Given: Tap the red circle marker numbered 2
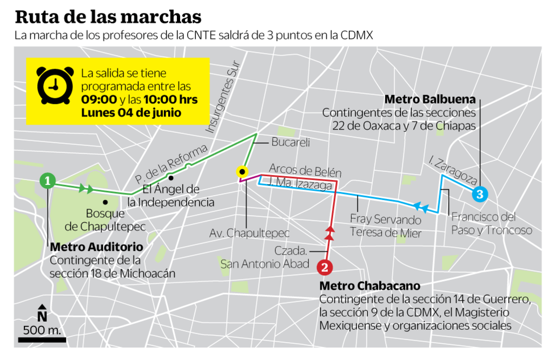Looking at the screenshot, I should click(x=324, y=266).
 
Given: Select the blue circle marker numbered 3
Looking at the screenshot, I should click(x=479, y=194).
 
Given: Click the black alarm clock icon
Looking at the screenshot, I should click(x=55, y=85).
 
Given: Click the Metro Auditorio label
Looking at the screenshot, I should click(x=96, y=247).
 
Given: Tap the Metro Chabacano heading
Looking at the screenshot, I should click(x=369, y=285).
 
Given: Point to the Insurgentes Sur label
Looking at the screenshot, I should click(x=222, y=103).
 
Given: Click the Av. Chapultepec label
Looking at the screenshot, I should click(x=249, y=234).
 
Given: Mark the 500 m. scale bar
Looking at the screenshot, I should click(x=42, y=340).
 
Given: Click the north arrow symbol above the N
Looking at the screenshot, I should click(x=42, y=307).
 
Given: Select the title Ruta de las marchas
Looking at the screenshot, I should click(x=108, y=17).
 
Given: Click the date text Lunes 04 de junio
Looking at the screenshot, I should click(x=131, y=113).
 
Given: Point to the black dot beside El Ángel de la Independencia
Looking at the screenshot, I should click(x=171, y=178).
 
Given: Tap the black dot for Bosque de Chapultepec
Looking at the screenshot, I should click(x=105, y=202).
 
